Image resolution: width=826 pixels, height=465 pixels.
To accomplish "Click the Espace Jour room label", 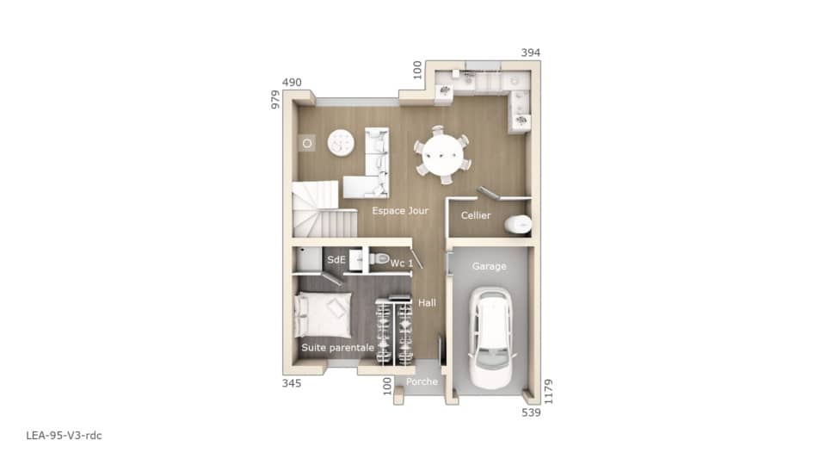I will point(399,211).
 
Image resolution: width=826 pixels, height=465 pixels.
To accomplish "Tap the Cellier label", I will point(476,215).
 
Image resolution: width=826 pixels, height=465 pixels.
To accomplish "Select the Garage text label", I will point(490,267).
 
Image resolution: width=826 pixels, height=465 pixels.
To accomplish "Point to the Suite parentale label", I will point(337,347).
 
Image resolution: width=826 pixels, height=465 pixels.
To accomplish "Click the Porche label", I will point(422,381).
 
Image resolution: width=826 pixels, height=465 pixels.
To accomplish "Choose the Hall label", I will point(427,303).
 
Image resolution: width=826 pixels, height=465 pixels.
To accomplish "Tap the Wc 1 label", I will point(402,263).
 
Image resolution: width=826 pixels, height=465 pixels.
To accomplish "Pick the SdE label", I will point(336,259).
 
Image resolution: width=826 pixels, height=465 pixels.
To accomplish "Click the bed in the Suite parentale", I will point(323,313).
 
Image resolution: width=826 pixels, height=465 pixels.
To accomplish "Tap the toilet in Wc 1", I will point(379,257).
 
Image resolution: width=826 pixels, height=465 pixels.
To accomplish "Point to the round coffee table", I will point(341,143).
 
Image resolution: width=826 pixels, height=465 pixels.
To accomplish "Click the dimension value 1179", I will point(548,393).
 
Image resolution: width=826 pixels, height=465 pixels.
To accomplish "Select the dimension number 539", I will point(531,413).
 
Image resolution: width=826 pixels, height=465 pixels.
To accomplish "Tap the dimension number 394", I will point(531,53).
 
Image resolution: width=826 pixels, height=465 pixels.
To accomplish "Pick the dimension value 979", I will point(276,100).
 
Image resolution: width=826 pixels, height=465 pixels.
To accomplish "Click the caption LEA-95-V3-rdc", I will point(64,436).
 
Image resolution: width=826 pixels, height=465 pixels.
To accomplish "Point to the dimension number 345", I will point(292,383).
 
